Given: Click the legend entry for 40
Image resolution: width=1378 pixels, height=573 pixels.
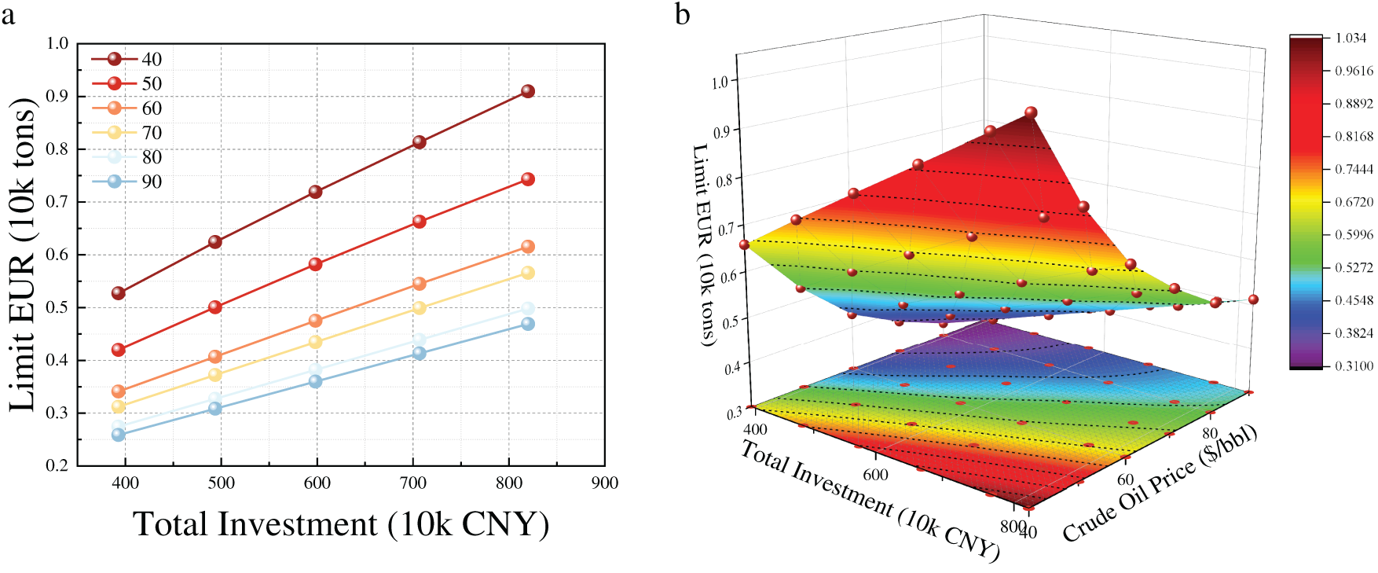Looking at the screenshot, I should coord(126,59).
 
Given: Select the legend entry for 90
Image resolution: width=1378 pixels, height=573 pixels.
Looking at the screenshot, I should coord(126,182).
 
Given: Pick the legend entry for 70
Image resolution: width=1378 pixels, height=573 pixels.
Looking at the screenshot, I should coord(126,133).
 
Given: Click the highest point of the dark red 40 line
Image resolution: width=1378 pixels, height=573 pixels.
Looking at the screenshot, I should coord(528,91).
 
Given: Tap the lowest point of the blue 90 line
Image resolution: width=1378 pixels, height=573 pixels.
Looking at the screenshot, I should coord(119,435).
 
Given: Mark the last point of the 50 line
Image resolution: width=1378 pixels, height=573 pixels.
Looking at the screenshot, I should coord(528,179).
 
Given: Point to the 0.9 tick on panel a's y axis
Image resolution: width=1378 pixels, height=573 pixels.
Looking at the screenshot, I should coord(58,96).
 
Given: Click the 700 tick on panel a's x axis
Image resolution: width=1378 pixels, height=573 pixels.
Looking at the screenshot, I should coord(413,483).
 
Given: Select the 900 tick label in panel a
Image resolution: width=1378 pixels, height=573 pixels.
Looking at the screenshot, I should coord(605,483).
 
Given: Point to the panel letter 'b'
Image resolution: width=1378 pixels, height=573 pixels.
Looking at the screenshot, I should coord(683,13).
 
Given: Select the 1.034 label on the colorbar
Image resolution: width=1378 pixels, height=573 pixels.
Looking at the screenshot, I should coord(1351,38).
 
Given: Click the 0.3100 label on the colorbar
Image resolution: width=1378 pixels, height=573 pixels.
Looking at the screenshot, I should coord(1354,365).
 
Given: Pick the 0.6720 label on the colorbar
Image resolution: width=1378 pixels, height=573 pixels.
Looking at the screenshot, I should coord(1354,202).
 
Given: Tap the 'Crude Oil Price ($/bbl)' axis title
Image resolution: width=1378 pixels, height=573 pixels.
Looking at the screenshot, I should coord(1160,483).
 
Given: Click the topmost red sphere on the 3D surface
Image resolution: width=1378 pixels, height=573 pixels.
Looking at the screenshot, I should coord(1031,113).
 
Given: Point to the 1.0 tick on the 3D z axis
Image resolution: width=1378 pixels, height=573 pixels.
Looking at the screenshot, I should coord(719,82).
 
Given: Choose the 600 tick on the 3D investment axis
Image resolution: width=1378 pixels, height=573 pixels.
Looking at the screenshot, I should coord(875,475).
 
